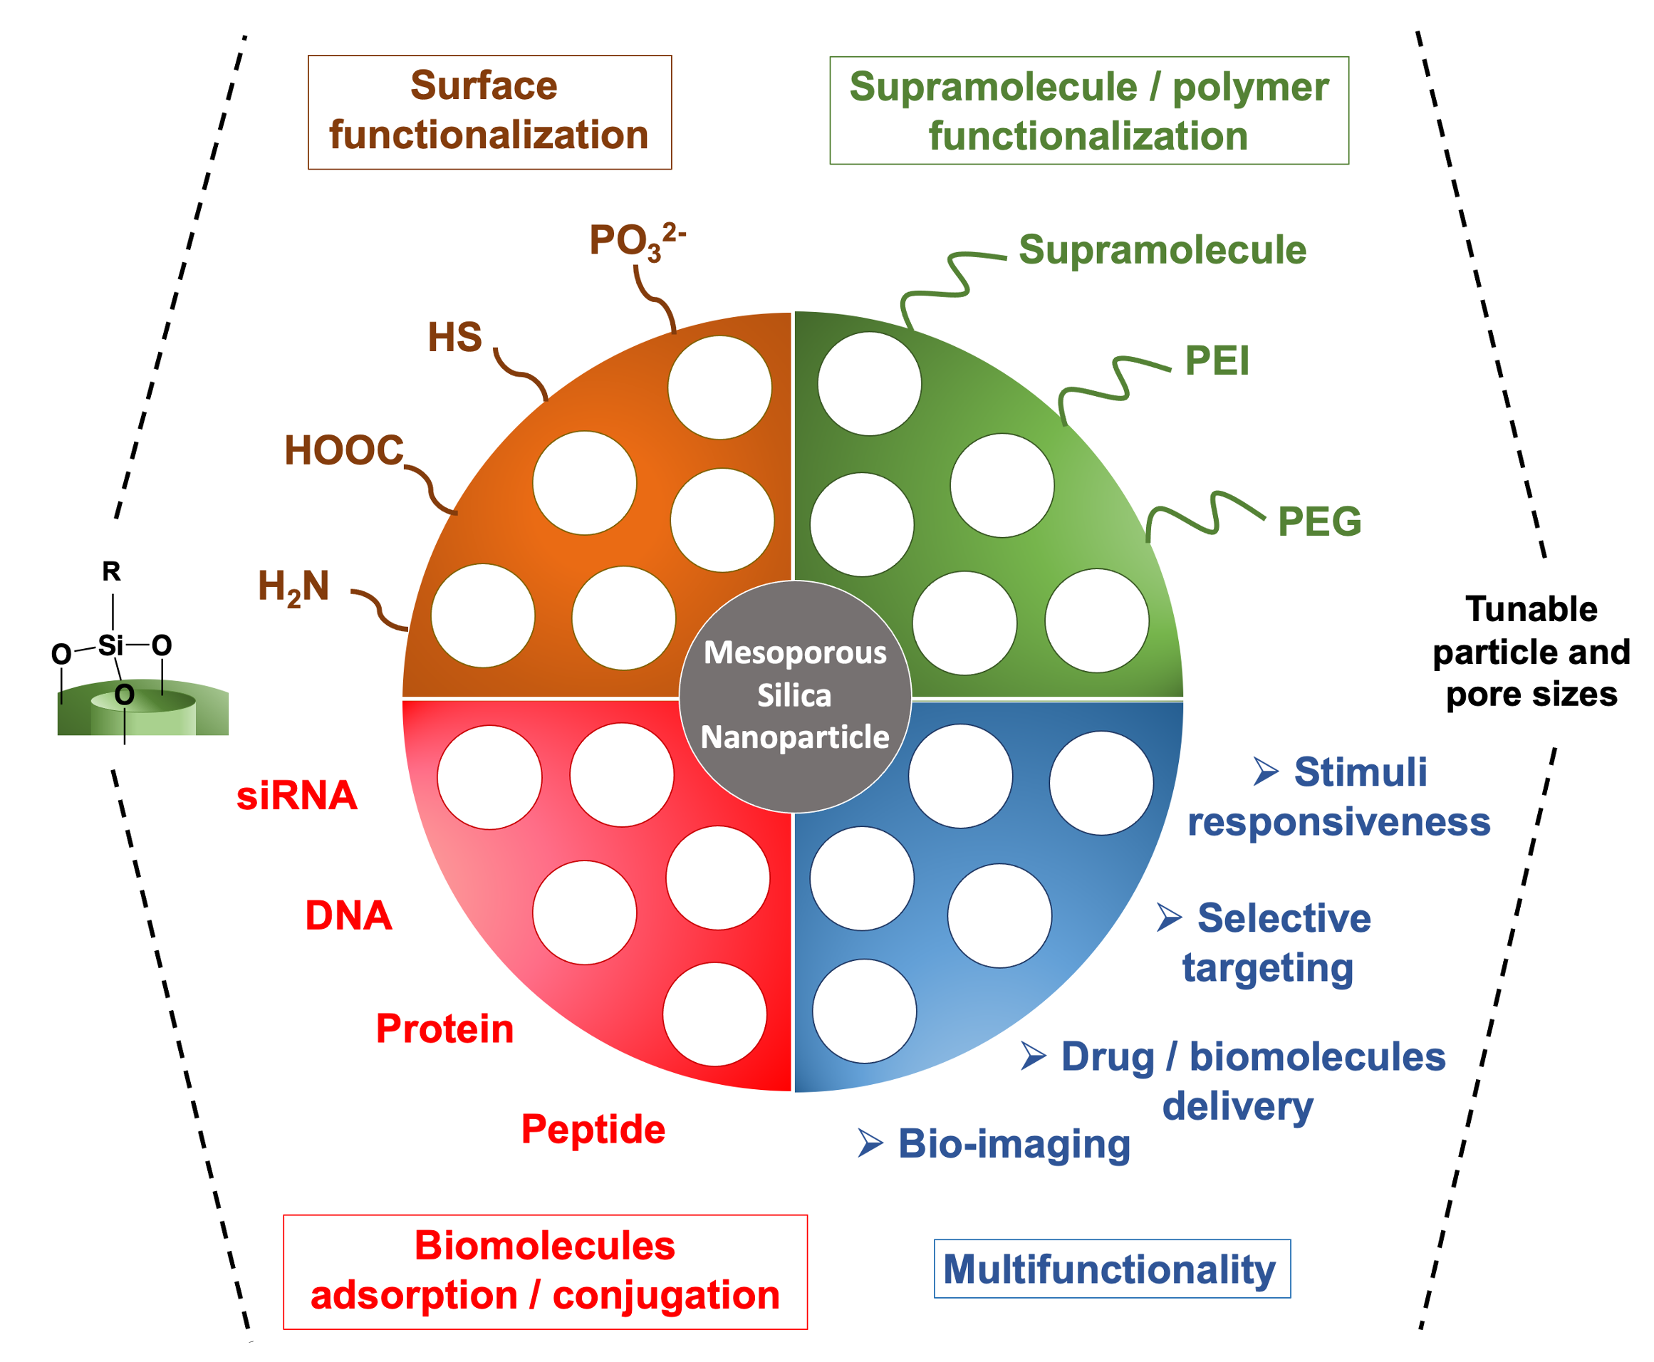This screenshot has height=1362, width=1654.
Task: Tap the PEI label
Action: [x=1216, y=361]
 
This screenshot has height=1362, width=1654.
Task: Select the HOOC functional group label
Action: [x=343, y=451]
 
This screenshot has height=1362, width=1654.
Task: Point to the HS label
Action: [x=454, y=338]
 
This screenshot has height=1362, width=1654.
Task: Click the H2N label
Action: [x=293, y=587]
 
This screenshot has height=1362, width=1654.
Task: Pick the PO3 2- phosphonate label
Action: [x=635, y=240]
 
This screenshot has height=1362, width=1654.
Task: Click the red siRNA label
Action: [x=296, y=796]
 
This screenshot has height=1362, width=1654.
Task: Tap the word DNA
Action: [x=348, y=915]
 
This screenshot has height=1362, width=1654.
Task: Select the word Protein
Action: [x=444, y=1029]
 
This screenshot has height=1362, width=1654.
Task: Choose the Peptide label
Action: [x=593, y=1129]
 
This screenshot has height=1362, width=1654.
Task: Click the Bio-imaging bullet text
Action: [x=1013, y=1143]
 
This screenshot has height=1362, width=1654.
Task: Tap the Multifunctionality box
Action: [x=1111, y=1269]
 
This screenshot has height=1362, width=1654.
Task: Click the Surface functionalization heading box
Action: [x=489, y=111]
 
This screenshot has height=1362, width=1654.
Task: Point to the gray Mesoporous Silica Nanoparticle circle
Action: [x=794, y=696]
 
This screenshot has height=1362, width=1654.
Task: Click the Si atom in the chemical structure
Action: [x=110, y=645]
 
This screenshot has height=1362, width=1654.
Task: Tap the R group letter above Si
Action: [x=111, y=571]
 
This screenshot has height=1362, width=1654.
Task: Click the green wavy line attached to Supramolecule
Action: [x=950, y=282]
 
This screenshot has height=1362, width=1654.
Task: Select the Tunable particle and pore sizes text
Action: [x=1531, y=651]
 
